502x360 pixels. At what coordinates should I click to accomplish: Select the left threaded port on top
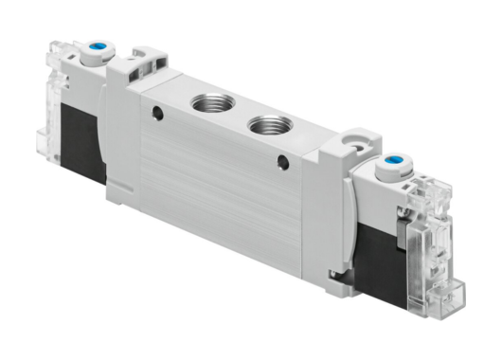tap(206, 100)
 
